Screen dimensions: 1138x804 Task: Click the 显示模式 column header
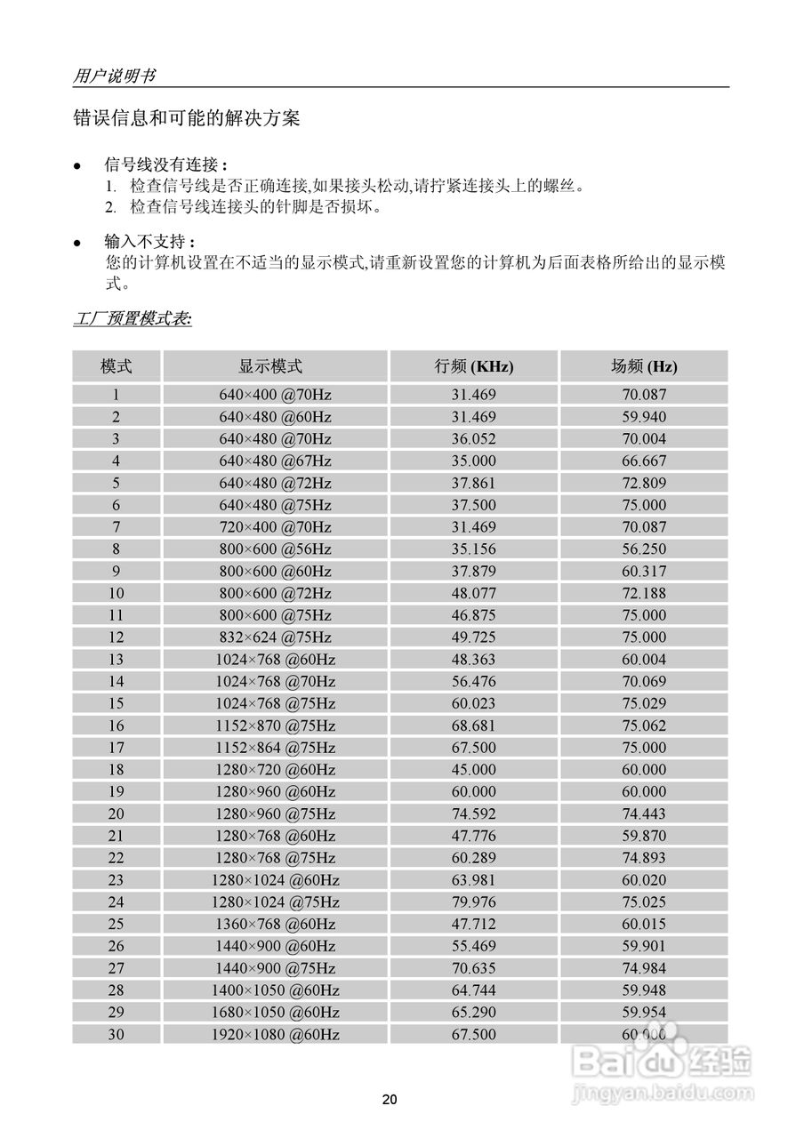tap(275, 366)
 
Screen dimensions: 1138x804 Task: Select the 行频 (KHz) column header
tap(474, 366)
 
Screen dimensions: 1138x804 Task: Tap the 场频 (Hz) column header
tap(644, 366)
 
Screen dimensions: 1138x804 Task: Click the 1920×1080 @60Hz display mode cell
tap(275, 1034)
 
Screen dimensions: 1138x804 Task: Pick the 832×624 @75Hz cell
tap(275, 637)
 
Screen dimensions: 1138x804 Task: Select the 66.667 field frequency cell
tap(644, 461)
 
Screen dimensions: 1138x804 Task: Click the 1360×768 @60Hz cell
tap(275, 924)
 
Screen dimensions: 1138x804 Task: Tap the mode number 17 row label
tap(117, 748)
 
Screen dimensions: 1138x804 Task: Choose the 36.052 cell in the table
tap(474, 438)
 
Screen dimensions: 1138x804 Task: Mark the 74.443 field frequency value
tap(644, 813)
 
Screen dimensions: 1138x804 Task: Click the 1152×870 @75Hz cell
tap(275, 725)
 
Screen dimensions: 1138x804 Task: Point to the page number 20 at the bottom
tap(390, 1100)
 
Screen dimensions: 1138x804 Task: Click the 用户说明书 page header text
tap(113, 76)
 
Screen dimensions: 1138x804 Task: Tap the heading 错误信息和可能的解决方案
tap(186, 118)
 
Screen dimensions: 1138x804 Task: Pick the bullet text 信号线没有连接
tap(165, 165)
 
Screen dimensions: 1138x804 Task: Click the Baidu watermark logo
tap(663, 1060)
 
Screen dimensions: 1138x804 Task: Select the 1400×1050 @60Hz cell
tap(275, 990)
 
